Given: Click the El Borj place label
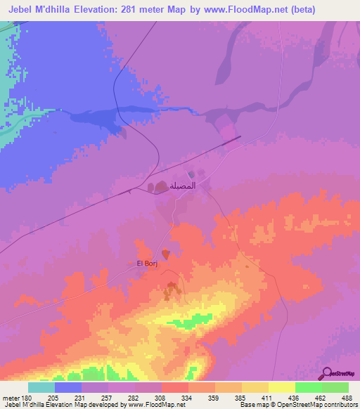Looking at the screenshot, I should click(145, 264).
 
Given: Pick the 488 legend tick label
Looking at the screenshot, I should click(346, 397).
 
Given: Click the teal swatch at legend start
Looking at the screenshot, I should click(41, 387).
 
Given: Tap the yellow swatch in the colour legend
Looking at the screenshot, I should click(281, 387).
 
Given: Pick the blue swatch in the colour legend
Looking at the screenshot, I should click(68, 387).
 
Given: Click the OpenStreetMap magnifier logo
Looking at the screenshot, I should click(326, 374).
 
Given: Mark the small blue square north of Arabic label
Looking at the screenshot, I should click(191, 174).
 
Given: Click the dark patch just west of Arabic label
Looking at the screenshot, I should click(155, 187).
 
